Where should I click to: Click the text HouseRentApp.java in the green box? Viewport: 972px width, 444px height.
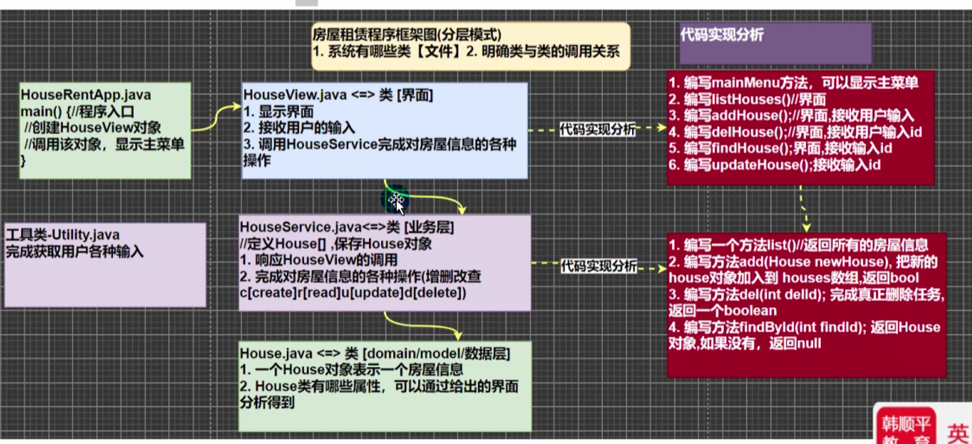(85, 95)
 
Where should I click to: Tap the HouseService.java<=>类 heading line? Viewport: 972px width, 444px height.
(347, 226)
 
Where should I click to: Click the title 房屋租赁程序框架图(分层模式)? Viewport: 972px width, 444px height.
(406, 34)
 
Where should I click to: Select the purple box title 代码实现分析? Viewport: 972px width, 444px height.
(722, 35)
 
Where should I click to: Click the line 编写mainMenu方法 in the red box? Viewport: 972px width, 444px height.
(793, 82)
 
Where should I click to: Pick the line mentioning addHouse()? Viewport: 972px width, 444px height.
(793, 115)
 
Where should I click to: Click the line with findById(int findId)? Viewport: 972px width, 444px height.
(804, 327)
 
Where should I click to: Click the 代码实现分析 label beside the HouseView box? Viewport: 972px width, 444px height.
(598, 129)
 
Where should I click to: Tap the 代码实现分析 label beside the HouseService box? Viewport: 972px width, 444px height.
(598, 265)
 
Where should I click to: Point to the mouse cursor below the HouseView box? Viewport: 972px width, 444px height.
(396, 200)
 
